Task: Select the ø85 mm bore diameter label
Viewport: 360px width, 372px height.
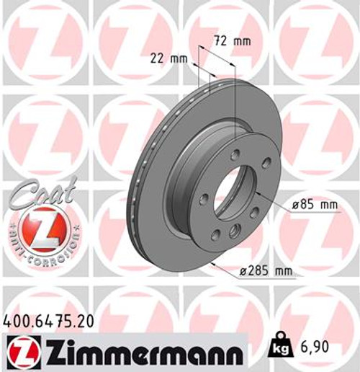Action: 315,205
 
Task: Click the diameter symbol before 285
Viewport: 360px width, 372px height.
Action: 243,271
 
